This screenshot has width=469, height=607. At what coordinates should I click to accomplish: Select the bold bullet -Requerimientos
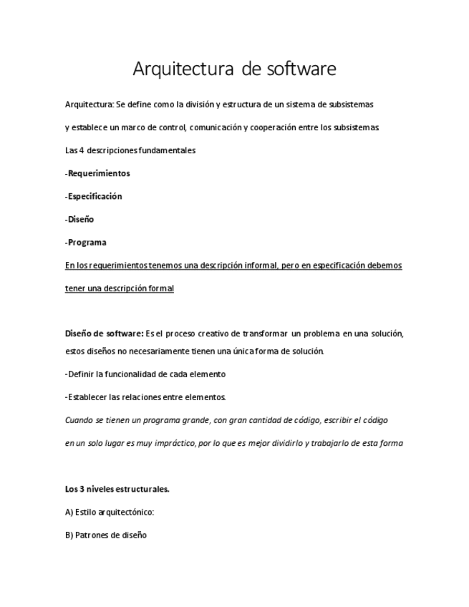[x=97, y=173]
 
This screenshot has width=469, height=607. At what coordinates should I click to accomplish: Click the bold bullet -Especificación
[x=93, y=196]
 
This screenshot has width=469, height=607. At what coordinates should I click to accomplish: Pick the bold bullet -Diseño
[x=79, y=219]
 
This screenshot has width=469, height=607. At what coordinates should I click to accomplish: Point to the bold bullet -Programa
[x=85, y=242]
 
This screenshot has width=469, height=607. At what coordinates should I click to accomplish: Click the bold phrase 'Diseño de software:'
[x=104, y=334]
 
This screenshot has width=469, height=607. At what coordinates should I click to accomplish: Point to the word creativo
[x=218, y=334]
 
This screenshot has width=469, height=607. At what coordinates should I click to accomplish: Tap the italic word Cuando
[x=78, y=420]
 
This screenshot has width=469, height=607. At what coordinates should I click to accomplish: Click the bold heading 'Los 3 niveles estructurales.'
[x=117, y=489]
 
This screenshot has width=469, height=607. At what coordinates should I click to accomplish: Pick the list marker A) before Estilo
[x=69, y=512]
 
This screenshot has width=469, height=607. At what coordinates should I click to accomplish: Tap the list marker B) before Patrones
[x=69, y=535]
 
